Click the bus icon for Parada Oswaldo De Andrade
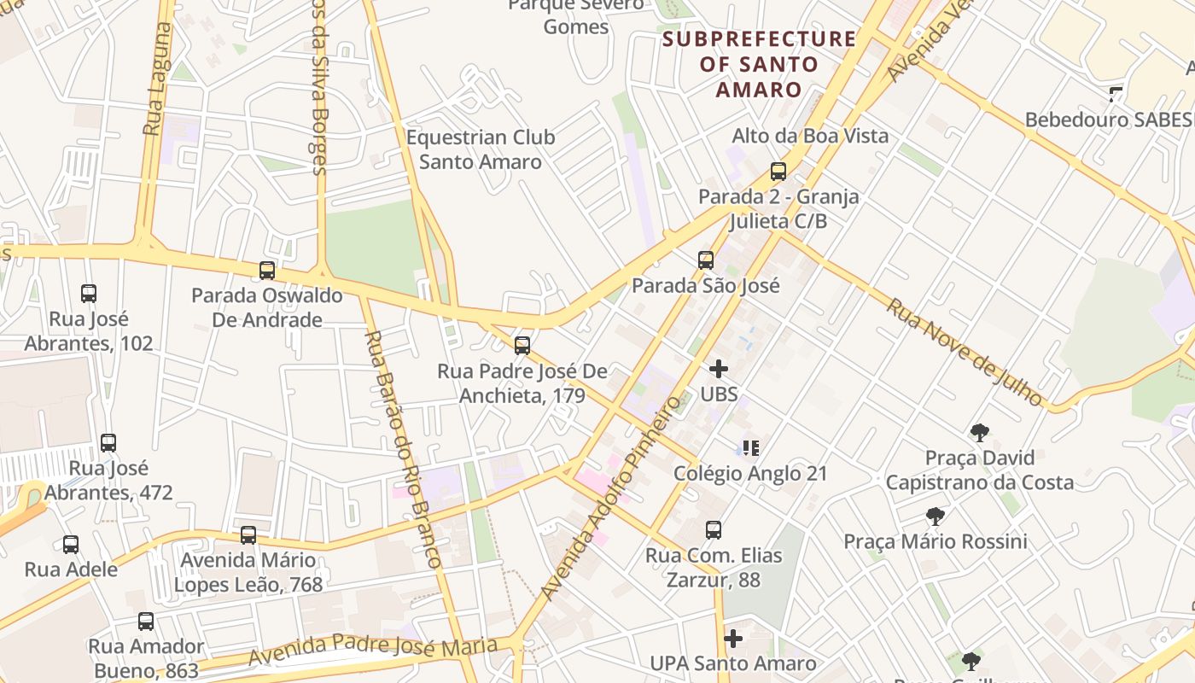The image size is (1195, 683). coord(267,271)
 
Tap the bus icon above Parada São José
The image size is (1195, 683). coord(706,260)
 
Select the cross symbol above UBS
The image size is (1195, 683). coord(719,369)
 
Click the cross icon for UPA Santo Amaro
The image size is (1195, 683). coord(733,639)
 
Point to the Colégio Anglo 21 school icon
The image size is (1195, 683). coord(751,448)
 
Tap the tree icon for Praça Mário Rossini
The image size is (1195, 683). coord(936,517)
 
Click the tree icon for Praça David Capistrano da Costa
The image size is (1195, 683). coord(980,433)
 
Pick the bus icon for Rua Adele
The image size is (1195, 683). coord(71,545)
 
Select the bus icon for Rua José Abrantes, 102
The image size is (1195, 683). coord(89,294)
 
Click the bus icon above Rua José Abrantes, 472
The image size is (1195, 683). coord(108,443)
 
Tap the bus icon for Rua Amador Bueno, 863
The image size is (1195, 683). coord(146,622)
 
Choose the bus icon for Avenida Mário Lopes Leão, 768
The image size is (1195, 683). coord(248,535)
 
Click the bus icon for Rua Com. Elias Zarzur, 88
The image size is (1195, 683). coord(714,530)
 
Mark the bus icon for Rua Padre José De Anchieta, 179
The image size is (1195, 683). coord(522,346)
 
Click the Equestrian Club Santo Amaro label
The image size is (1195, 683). coord(481,149)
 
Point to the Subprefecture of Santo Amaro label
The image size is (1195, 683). coord(759,64)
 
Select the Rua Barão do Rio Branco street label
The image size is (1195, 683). coord(403,448)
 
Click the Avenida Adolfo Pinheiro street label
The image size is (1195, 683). coord(613,497)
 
